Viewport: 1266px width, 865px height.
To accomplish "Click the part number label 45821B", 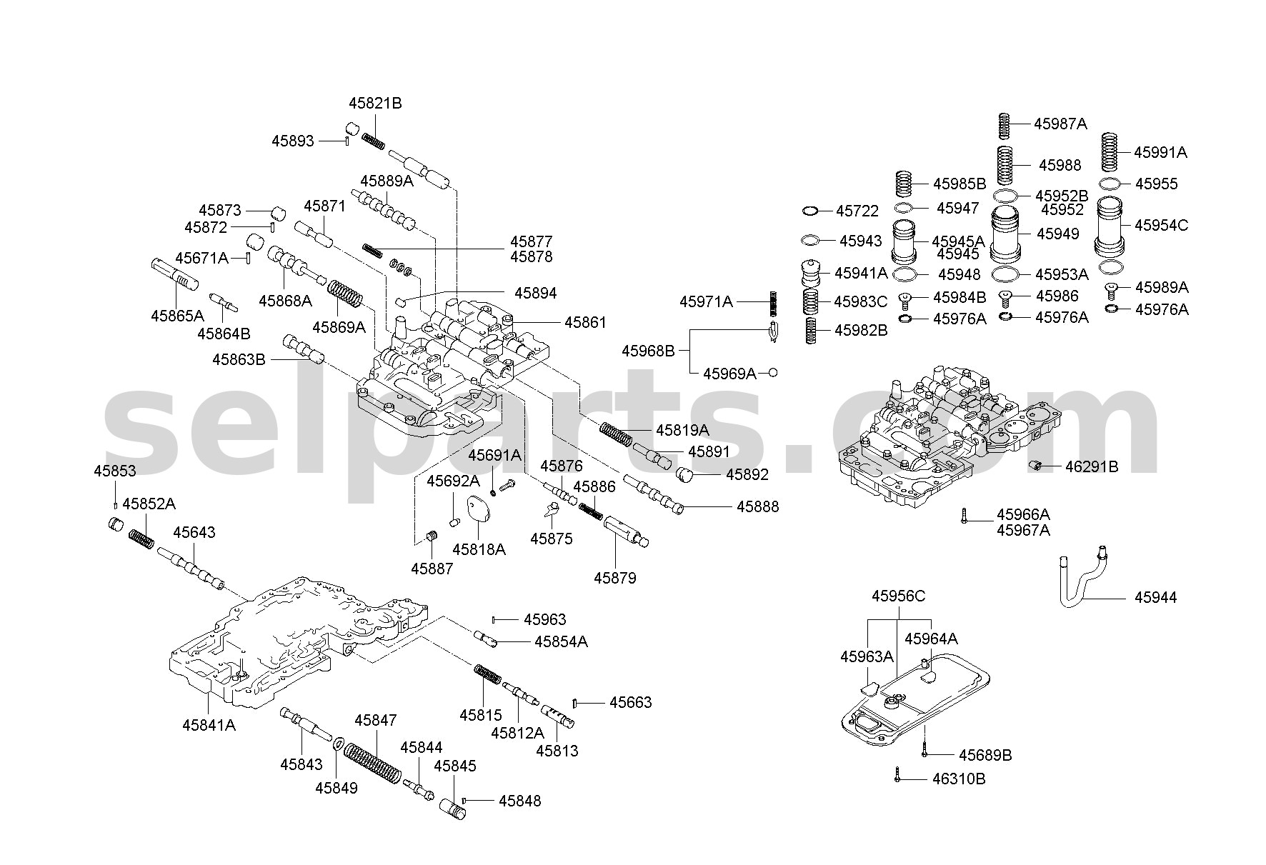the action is point(375,104).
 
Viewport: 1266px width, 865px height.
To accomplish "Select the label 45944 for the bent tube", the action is point(1155,597).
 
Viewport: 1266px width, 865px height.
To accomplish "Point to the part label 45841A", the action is point(209,725).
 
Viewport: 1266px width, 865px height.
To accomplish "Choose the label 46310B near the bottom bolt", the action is point(959,779).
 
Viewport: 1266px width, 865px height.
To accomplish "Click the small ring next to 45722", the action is point(810,211).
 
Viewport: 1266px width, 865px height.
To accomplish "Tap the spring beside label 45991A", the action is point(1110,152).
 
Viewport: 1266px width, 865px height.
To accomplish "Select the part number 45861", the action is point(585,323).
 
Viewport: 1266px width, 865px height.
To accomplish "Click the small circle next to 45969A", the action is point(772,373).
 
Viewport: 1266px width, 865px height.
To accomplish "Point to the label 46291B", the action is point(1092,467).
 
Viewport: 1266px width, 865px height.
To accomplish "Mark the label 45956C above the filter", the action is point(898,596).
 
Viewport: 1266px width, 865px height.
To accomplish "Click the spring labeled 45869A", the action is point(345,294).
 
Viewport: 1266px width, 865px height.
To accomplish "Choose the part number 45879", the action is point(614,577).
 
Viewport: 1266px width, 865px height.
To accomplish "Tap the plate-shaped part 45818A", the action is point(478,511).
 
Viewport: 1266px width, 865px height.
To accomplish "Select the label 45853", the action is point(114,471).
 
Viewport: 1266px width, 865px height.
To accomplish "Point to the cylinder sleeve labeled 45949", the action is point(1005,234).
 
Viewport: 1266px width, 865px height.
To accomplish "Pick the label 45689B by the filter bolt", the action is point(985,755).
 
